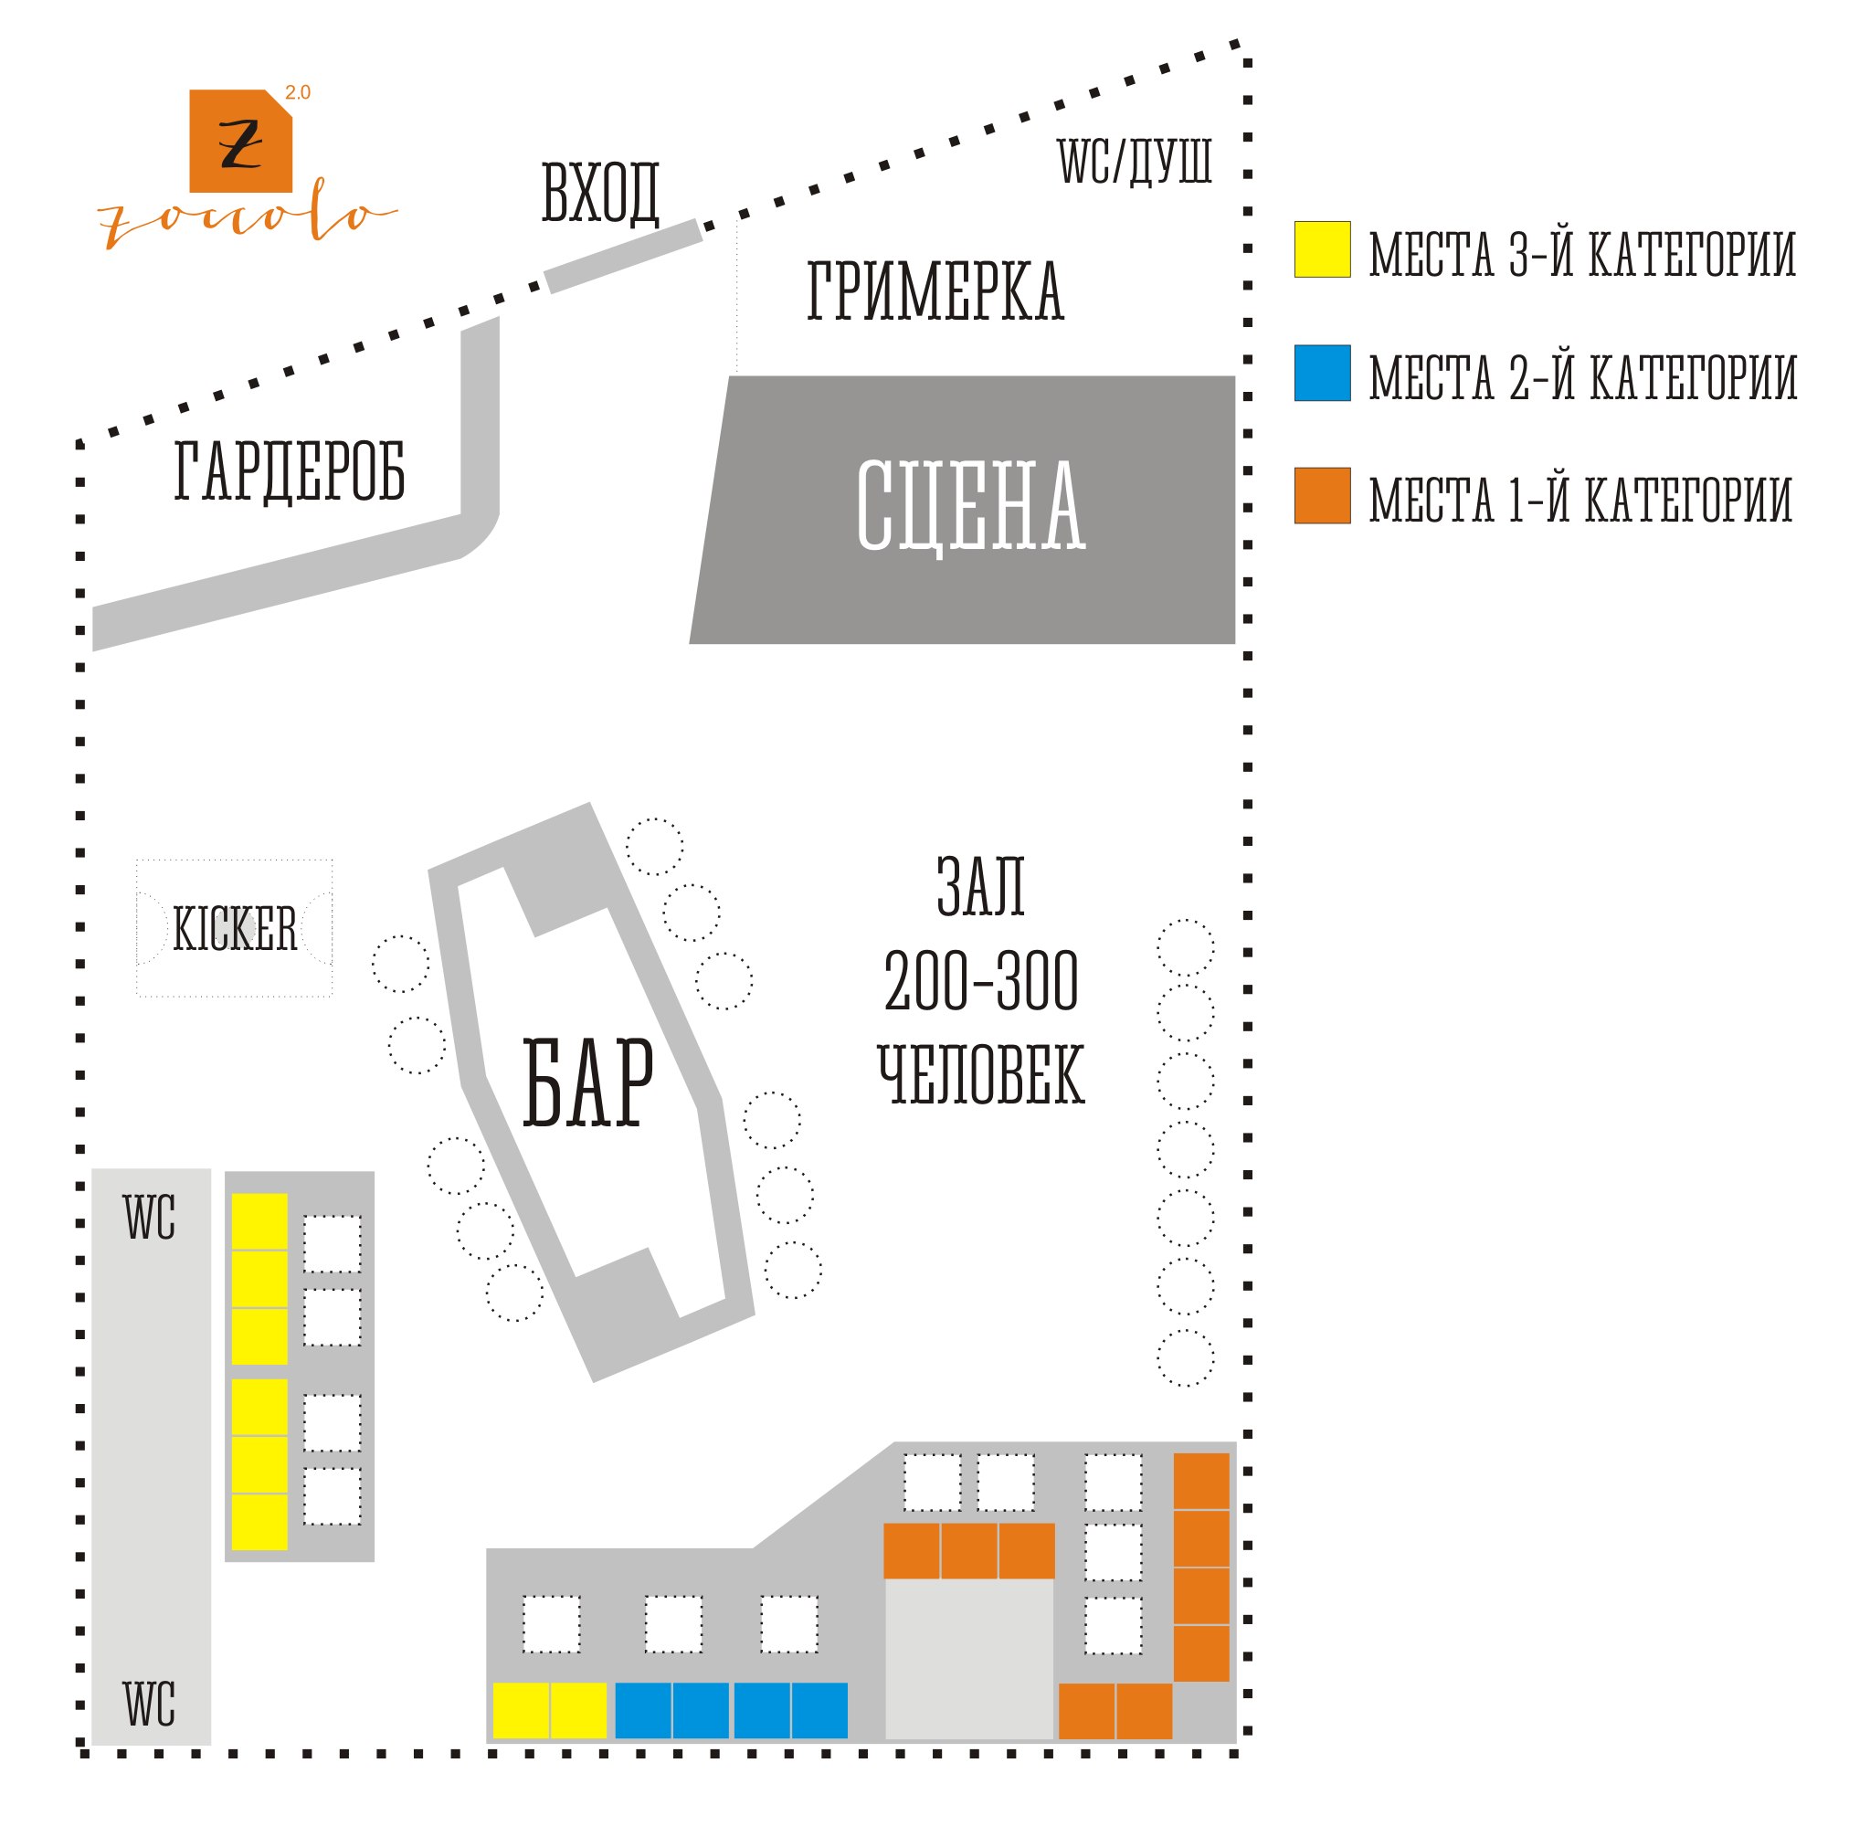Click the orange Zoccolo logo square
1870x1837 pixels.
pyautogui.click(x=239, y=141)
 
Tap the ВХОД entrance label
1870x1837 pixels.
pyautogui.click(x=599, y=193)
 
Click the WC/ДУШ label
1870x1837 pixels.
pyautogui.click(x=1134, y=161)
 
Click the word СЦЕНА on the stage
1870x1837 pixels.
pyautogui.click(x=970, y=505)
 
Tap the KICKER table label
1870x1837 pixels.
pyautogui.click(x=235, y=929)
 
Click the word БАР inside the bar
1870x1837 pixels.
pyautogui.click(x=586, y=1082)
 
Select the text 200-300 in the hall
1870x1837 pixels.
pyautogui.click(x=980, y=982)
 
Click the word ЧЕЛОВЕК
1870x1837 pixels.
pyautogui.click(x=980, y=1075)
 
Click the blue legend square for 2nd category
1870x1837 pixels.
pyautogui.click(x=1321, y=373)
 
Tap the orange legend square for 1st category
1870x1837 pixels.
pyautogui.click(x=1321, y=496)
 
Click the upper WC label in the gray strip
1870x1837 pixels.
pyautogui.click(x=149, y=1218)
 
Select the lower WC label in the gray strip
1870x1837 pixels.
pyautogui.click(x=149, y=1704)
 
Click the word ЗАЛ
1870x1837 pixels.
pyautogui.click(x=980, y=886)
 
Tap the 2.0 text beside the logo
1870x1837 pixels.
pyautogui.click(x=297, y=92)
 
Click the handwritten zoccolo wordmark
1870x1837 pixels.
pyautogui.click(x=246, y=218)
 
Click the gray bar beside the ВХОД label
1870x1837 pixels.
pyautogui.click(x=622, y=256)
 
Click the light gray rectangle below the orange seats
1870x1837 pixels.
pyautogui.click(x=967, y=1658)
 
